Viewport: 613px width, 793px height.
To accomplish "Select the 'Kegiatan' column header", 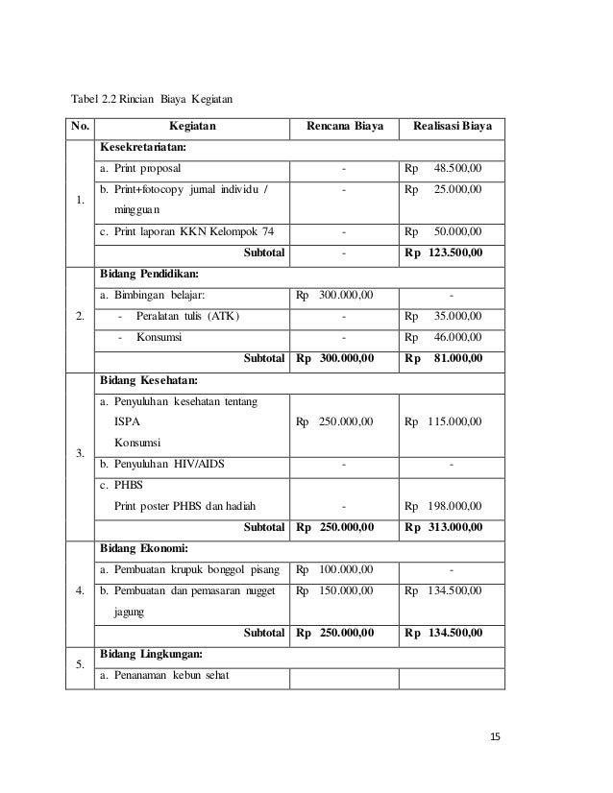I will tap(192, 126).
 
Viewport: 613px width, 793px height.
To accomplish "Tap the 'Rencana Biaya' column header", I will tap(344, 126).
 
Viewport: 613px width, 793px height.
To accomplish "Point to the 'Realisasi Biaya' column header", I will tap(452, 126).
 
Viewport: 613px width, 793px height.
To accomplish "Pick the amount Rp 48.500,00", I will tap(444, 169).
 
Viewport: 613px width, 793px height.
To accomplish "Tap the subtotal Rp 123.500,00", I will tap(444, 252).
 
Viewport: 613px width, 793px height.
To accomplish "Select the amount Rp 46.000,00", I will tap(444, 337).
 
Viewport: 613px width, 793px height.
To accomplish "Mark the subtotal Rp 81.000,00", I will tap(444, 358).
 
